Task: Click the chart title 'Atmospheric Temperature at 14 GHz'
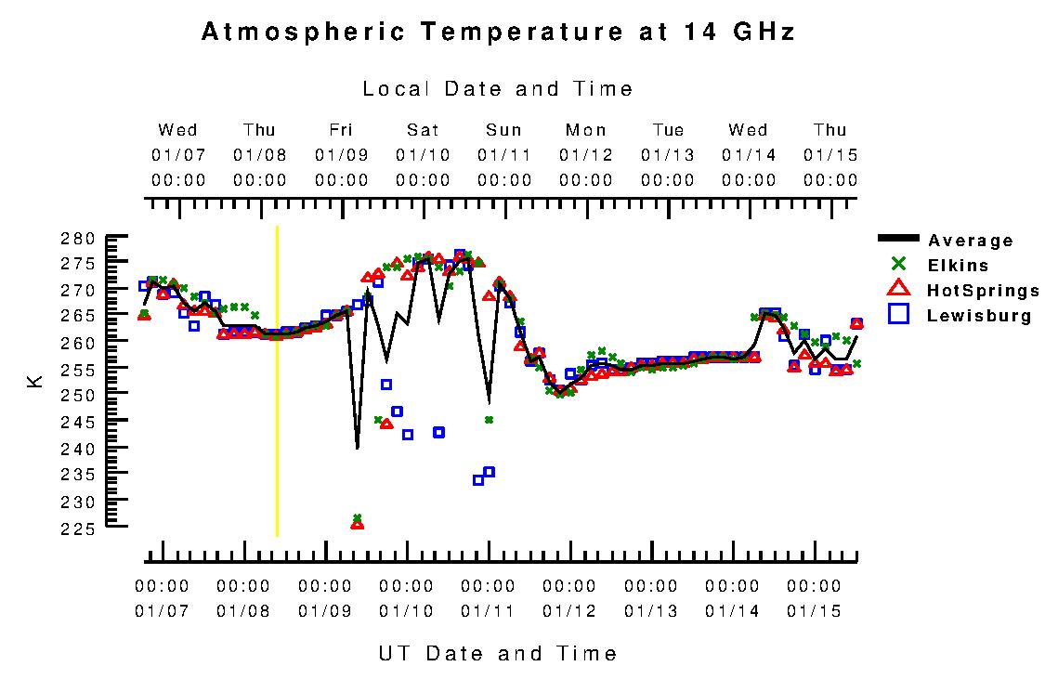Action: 498,33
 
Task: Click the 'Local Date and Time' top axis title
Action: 498,89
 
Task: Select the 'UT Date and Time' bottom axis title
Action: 498,653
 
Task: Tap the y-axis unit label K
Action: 35,381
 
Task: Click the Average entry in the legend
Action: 970,241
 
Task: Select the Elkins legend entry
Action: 958,266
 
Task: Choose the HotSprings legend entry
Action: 982,291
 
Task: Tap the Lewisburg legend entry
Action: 979,316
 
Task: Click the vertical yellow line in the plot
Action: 277,390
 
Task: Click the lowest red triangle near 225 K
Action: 357,525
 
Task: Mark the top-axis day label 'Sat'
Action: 423,130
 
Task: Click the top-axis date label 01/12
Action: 586,154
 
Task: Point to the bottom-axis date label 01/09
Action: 324,611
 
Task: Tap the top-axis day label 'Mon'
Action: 586,130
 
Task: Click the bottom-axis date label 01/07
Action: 162,611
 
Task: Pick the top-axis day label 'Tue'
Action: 668,130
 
